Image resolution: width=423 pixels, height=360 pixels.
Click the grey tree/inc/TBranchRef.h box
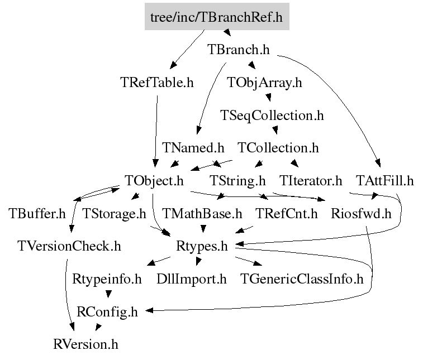pos(217,16)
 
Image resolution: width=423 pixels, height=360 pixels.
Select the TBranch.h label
pos(239,50)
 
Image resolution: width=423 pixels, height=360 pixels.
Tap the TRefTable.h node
pos(157,82)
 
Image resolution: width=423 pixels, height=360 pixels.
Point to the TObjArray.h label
pos(264,83)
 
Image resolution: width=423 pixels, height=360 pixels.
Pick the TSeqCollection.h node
pos(272,116)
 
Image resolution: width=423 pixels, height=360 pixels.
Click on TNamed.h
pos(193,148)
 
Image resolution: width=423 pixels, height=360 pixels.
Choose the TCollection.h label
pos(278,148)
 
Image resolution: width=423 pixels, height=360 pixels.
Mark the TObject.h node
pos(154,181)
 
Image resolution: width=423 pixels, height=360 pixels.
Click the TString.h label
pos(237,181)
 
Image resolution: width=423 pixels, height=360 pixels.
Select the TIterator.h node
pos(311,180)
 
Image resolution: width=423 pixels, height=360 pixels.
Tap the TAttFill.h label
pos(384,180)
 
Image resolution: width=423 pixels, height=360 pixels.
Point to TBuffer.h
pos(37,213)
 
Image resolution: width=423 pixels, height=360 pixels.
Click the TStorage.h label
pos(114,214)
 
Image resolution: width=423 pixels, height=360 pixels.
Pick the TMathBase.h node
pos(202,213)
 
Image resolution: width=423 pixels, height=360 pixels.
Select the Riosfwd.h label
pos(361,213)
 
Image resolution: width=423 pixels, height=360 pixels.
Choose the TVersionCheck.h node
pos(69,246)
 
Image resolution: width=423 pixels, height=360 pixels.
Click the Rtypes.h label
pos(202,246)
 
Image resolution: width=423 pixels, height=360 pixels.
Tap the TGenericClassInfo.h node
pos(302,279)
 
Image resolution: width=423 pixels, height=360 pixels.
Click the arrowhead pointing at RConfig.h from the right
pos(149,310)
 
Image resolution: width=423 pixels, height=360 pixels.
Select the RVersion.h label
pos(86,344)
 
